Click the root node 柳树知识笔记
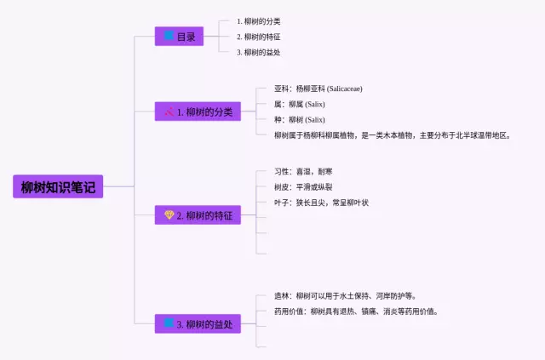[x=58, y=186]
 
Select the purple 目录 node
[x=179, y=36]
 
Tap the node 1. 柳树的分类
[x=198, y=111]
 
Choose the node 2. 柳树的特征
[x=198, y=215]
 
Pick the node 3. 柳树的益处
[x=198, y=324]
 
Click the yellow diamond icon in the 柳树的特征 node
[x=169, y=214]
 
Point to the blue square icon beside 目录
[x=169, y=35]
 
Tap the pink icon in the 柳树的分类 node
[x=169, y=111]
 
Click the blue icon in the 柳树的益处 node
[x=169, y=323]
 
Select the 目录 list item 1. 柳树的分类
[x=259, y=21]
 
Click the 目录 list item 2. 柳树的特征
[x=259, y=37]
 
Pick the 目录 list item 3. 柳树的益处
[x=259, y=53]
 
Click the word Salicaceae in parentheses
[x=345, y=89]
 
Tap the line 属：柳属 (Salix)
[x=300, y=104]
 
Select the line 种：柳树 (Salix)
[x=300, y=120]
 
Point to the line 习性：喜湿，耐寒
[x=303, y=172]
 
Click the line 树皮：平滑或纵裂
[x=303, y=187]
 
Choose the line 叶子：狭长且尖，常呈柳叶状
[x=321, y=203]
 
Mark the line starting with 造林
[x=345, y=296]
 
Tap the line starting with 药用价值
[x=356, y=311]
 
